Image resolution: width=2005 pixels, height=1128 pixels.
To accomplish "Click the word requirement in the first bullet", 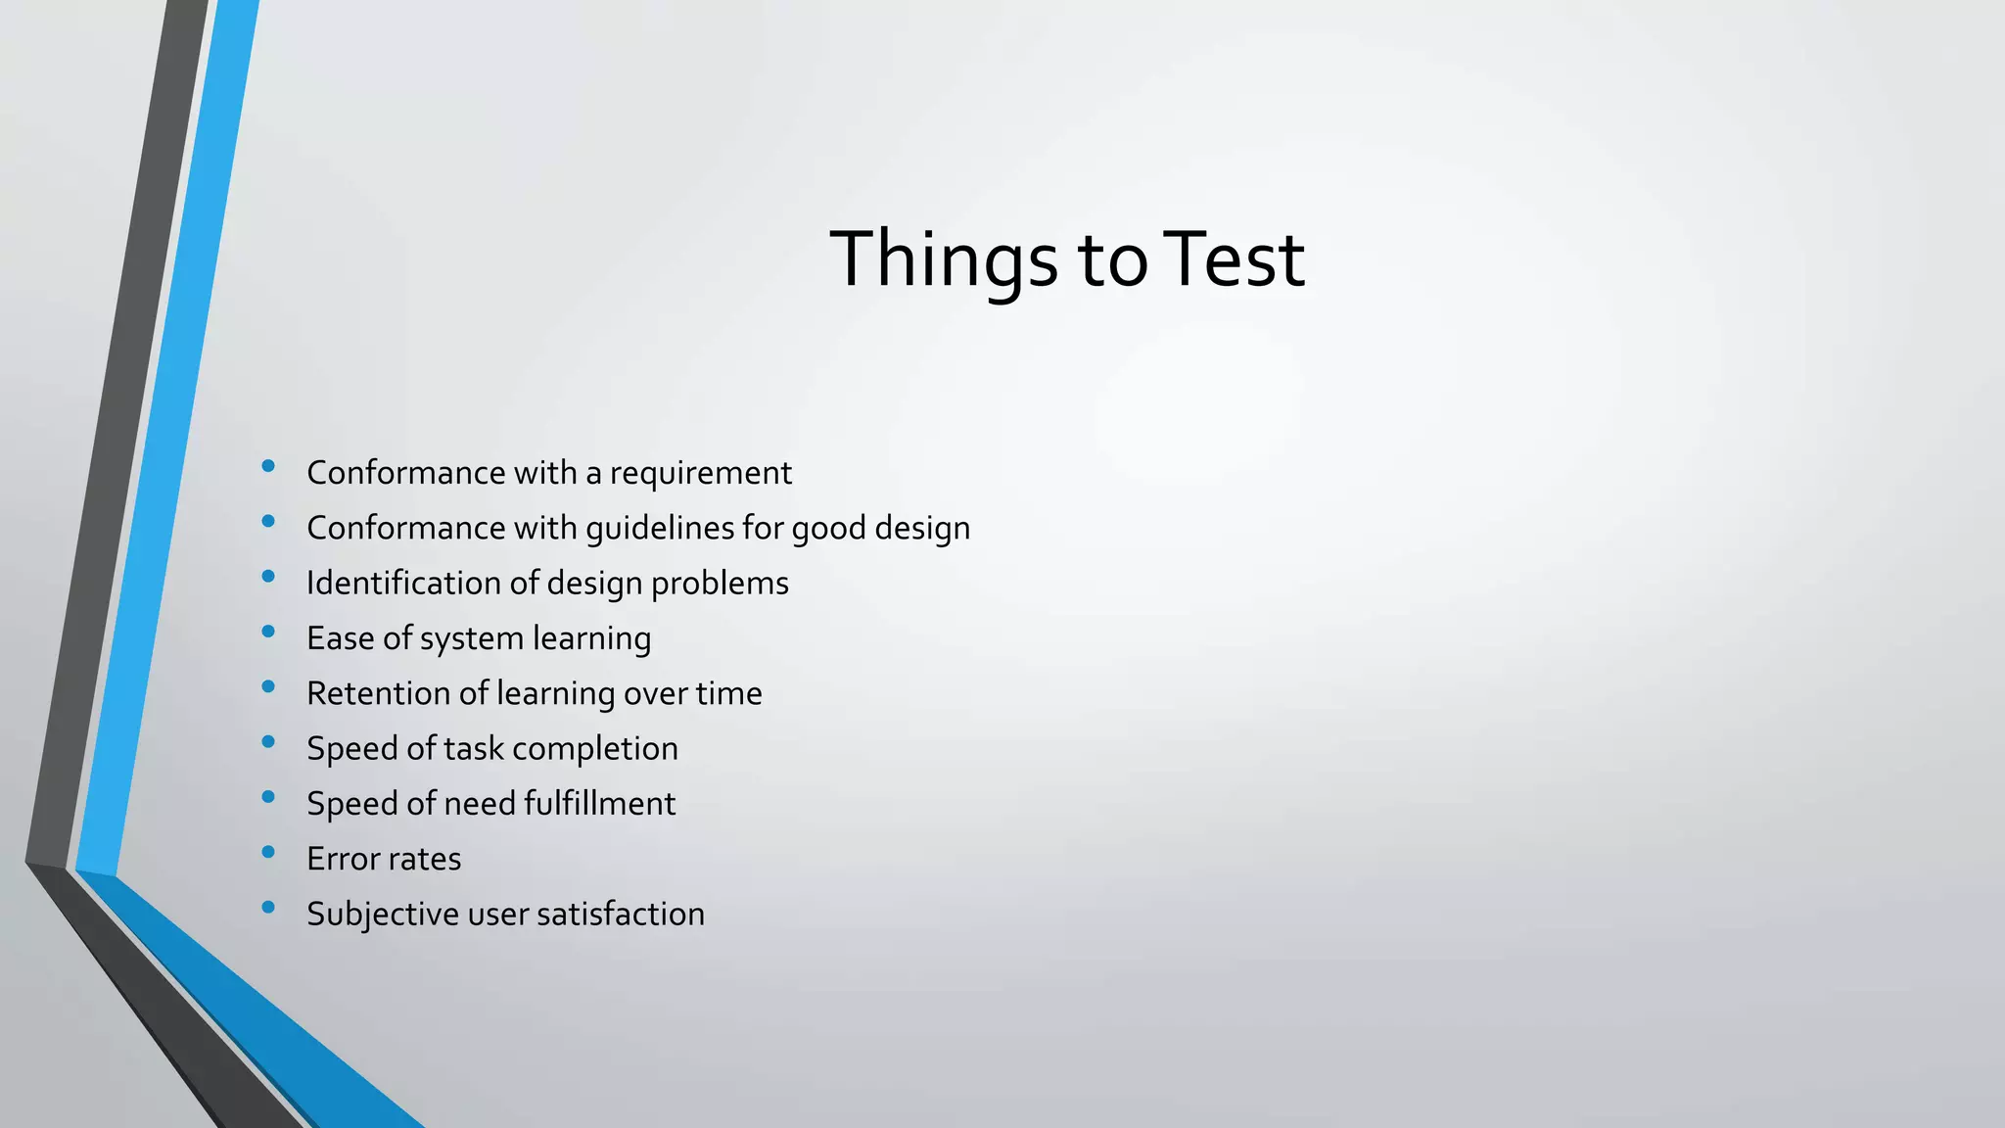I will tap(700, 473).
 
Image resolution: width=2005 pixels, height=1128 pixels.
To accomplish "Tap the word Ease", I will tap(341, 638).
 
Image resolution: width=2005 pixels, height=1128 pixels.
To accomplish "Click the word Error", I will tap(339, 859).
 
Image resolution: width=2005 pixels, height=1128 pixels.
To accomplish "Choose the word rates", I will tap(423, 860).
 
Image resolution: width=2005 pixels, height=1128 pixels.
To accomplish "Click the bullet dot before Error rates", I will tap(268, 853).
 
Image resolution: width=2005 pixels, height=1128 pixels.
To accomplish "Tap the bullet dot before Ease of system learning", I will tap(268, 633).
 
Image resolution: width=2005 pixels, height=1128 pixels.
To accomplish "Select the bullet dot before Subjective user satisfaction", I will tap(268, 908).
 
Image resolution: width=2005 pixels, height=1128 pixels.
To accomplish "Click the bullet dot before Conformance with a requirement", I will tap(268, 467).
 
